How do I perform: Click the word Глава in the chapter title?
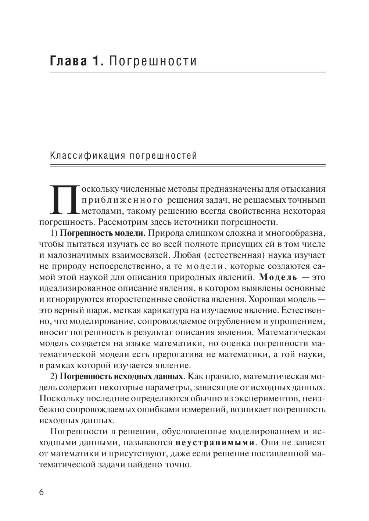point(68,61)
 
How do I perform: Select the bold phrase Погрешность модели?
point(103,233)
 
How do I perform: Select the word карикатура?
point(160,310)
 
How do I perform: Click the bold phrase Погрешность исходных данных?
point(121,377)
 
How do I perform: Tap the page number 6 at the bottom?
point(41,492)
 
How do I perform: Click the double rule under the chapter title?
point(187,74)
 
